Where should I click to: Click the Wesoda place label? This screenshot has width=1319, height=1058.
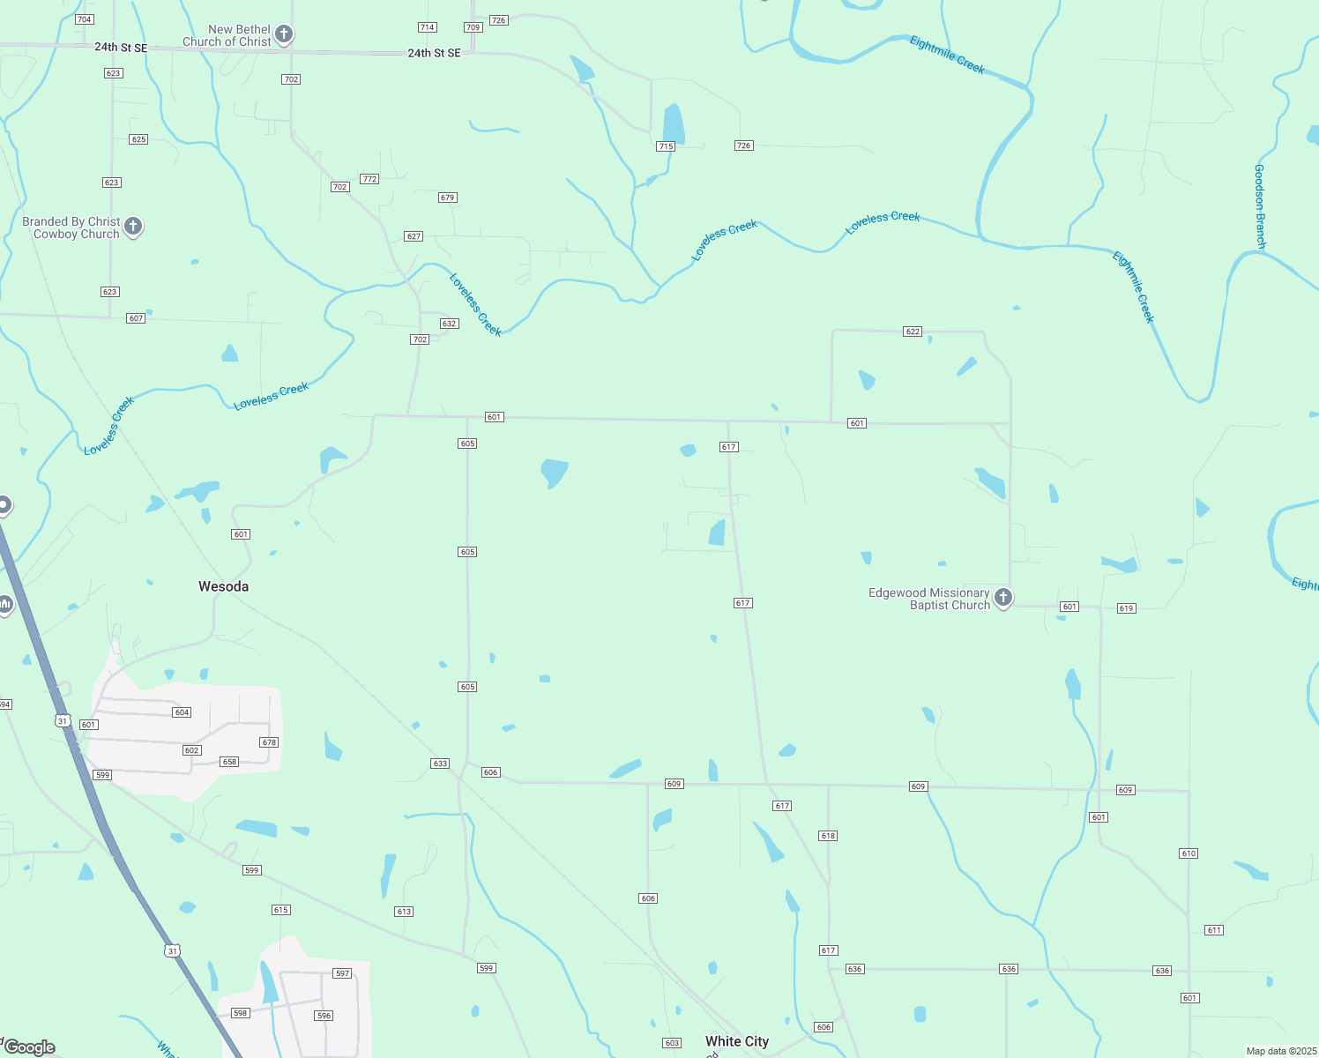click(x=223, y=586)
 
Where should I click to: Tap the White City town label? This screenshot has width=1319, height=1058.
click(x=737, y=1041)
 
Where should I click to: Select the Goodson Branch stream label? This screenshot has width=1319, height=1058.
click(x=1260, y=205)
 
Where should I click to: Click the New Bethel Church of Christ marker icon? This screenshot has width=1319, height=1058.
click(x=283, y=34)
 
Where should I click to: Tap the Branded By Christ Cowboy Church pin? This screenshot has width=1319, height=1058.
click(x=133, y=227)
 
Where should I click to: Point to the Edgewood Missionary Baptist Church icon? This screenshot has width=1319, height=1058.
click(x=1002, y=598)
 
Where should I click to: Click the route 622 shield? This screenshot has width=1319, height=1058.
click(x=913, y=332)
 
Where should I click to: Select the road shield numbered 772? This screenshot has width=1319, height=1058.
click(x=369, y=179)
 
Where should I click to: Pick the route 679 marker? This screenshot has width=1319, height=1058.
click(x=447, y=197)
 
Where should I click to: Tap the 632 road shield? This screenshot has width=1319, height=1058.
click(x=449, y=324)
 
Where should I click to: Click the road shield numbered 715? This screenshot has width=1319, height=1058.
click(x=666, y=146)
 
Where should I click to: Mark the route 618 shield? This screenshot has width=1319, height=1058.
click(x=827, y=836)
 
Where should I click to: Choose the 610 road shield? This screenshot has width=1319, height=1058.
click(x=1189, y=853)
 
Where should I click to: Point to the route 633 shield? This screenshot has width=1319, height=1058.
click(x=440, y=764)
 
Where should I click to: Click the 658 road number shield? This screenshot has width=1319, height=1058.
click(x=229, y=762)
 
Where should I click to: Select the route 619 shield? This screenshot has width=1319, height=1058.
click(x=1126, y=608)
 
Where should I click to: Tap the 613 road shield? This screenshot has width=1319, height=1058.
click(x=404, y=912)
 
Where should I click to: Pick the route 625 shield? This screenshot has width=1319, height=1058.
click(x=138, y=139)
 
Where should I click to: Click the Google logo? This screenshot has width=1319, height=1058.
click(x=30, y=1047)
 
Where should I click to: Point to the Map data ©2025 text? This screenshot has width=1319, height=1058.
click(x=1281, y=1051)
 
